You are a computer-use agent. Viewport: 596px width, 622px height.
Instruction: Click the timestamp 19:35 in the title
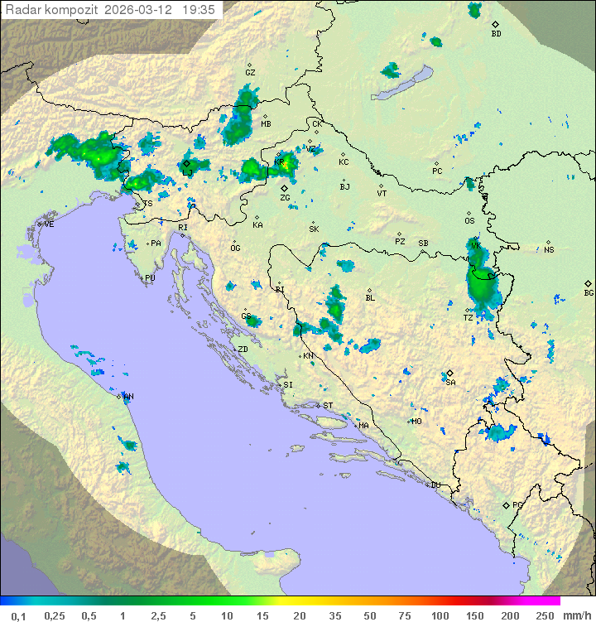[x=198, y=10]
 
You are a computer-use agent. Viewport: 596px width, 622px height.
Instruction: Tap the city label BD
[x=496, y=34]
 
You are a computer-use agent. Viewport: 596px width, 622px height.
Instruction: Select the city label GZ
[x=250, y=72]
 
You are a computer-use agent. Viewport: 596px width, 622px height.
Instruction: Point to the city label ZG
[x=285, y=198]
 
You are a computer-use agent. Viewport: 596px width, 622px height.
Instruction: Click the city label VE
[x=49, y=224]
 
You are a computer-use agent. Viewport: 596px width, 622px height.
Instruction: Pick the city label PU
[x=150, y=278]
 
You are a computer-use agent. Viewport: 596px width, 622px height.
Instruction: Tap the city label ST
[x=328, y=406]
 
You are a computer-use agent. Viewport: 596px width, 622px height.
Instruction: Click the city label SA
[x=450, y=382]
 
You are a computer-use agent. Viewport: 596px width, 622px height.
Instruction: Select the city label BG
[x=589, y=292]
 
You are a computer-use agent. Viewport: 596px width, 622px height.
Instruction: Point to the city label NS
[x=549, y=249]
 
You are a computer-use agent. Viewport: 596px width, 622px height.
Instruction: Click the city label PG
[x=517, y=504]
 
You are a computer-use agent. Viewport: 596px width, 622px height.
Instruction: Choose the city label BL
[x=370, y=297]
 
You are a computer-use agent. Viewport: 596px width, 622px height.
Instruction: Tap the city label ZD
[x=243, y=350]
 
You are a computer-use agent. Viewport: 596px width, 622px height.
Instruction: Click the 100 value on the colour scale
[x=440, y=615]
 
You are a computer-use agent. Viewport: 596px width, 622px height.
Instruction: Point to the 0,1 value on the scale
[x=18, y=615]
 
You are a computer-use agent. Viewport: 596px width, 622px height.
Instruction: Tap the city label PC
[x=437, y=171]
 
